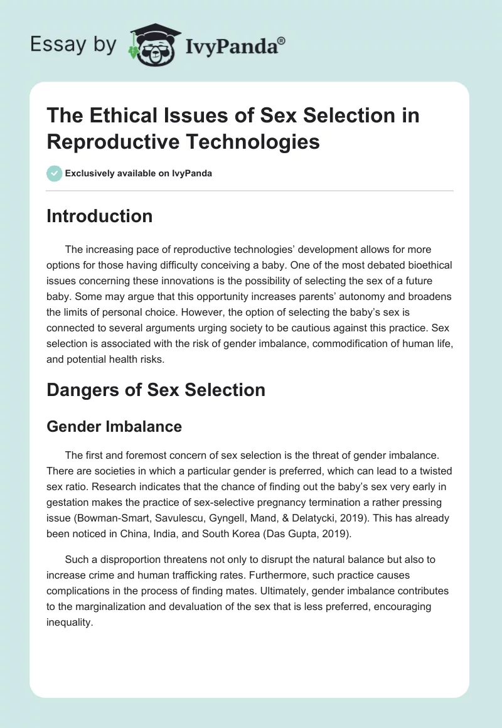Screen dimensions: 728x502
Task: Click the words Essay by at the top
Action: [x=73, y=45]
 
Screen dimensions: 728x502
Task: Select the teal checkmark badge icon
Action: [x=55, y=173]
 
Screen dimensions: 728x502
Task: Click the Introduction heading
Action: [x=100, y=216]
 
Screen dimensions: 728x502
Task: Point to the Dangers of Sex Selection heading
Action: [x=156, y=390]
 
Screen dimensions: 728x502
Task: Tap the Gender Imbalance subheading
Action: [x=114, y=427]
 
